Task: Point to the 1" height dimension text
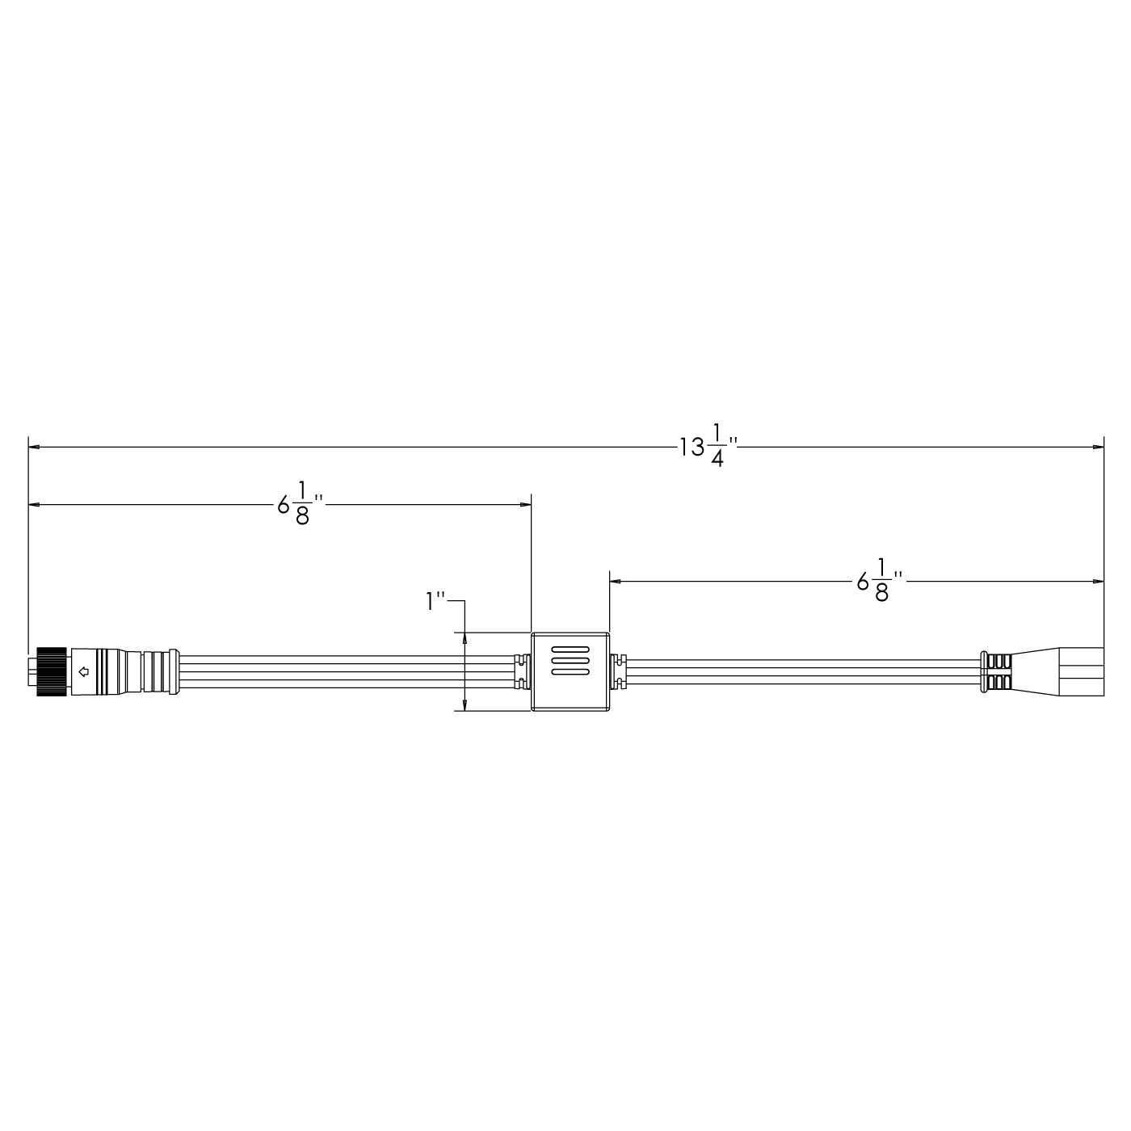click(x=436, y=601)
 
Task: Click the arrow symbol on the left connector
click(x=82, y=671)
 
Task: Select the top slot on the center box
click(x=570, y=650)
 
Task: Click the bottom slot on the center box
click(x=570, y=671)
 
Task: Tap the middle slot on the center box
click(x=570, y=660)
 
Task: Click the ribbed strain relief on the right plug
click(x=995, y=671)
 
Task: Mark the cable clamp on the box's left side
click(x=522, y=671)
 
